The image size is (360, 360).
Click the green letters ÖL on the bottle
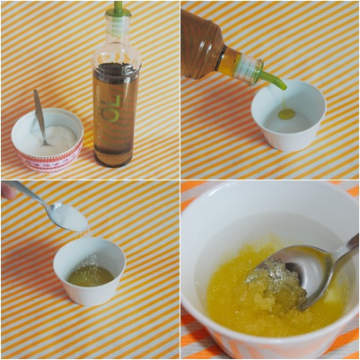pos(113,109)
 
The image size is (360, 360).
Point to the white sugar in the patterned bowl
pos(49,140)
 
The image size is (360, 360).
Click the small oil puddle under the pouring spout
pos(286,114)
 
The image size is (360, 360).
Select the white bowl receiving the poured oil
pos(288,115)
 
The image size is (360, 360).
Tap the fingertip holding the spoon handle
pos(8,192)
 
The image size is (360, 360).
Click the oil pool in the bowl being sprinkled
pos(91,276)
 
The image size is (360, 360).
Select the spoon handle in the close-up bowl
pos(344,249)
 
